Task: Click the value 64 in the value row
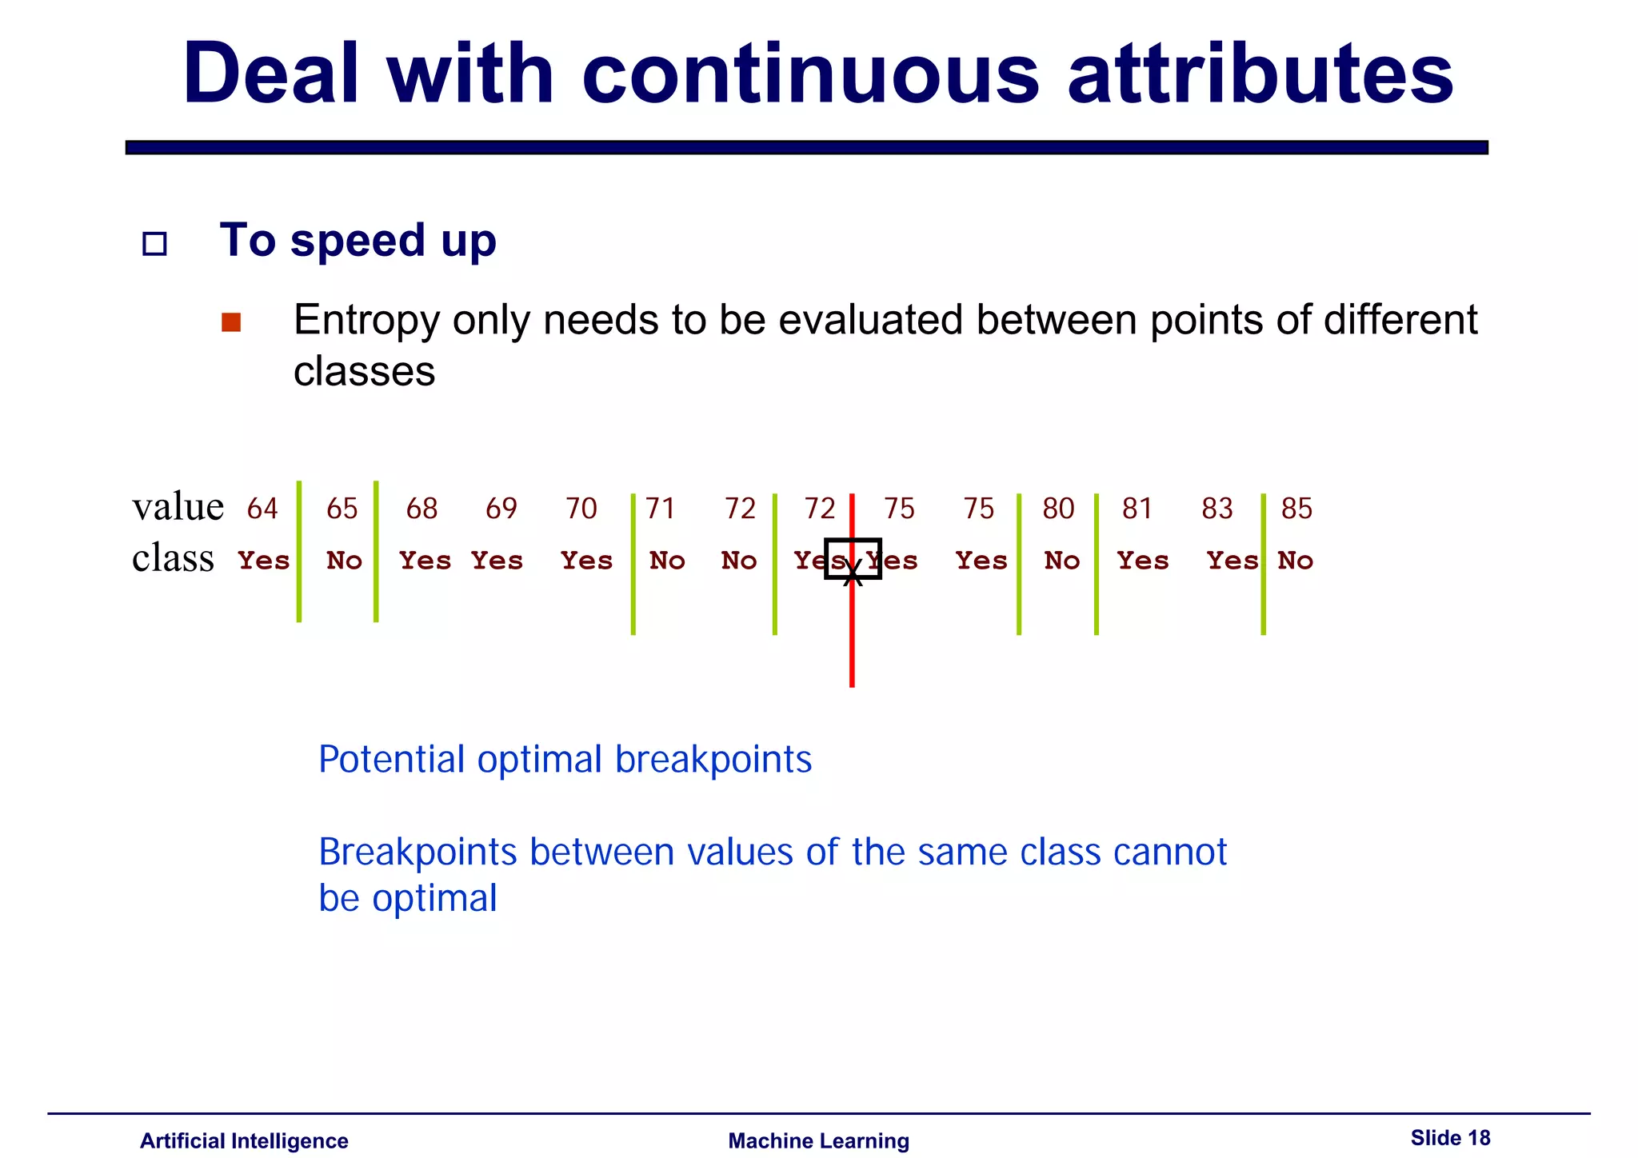pyautogui.click(x=262, y=509)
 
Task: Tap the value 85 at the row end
pyautogui.click(x=1296, y=509)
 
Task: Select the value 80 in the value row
pyautogui.click(x=1058, y=509)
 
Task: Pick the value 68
pyautogui.click(x=421, y=509)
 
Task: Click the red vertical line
pyautogui.click(x=852, y=640)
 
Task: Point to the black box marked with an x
pyautogui.click(x=853, y=559)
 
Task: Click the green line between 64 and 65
pyautogui.click(x=299, y=552)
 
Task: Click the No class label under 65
pyautogui.click(x=345, y=561)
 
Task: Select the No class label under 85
pyautogui.click(x=1296, y=561)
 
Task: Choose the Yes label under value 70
pyautogui.click(x=586, y=561)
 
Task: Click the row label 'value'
pyautogui.click(x=178, y=507)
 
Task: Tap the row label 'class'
pyautogui.click(x=173, y=558)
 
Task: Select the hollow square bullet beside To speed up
pyautogui.click(x=154, y=243)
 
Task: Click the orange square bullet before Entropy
pyautogui.click(x=231, y=322)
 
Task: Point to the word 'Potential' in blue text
pyautogui.click(x=391, y=759)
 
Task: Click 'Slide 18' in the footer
pyautogui.click(x=1450, y=1137)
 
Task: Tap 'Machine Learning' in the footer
pyautogui.click(x=818, y=1141)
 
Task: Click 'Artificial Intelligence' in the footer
pyautogui.click(x=244, y=1141)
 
